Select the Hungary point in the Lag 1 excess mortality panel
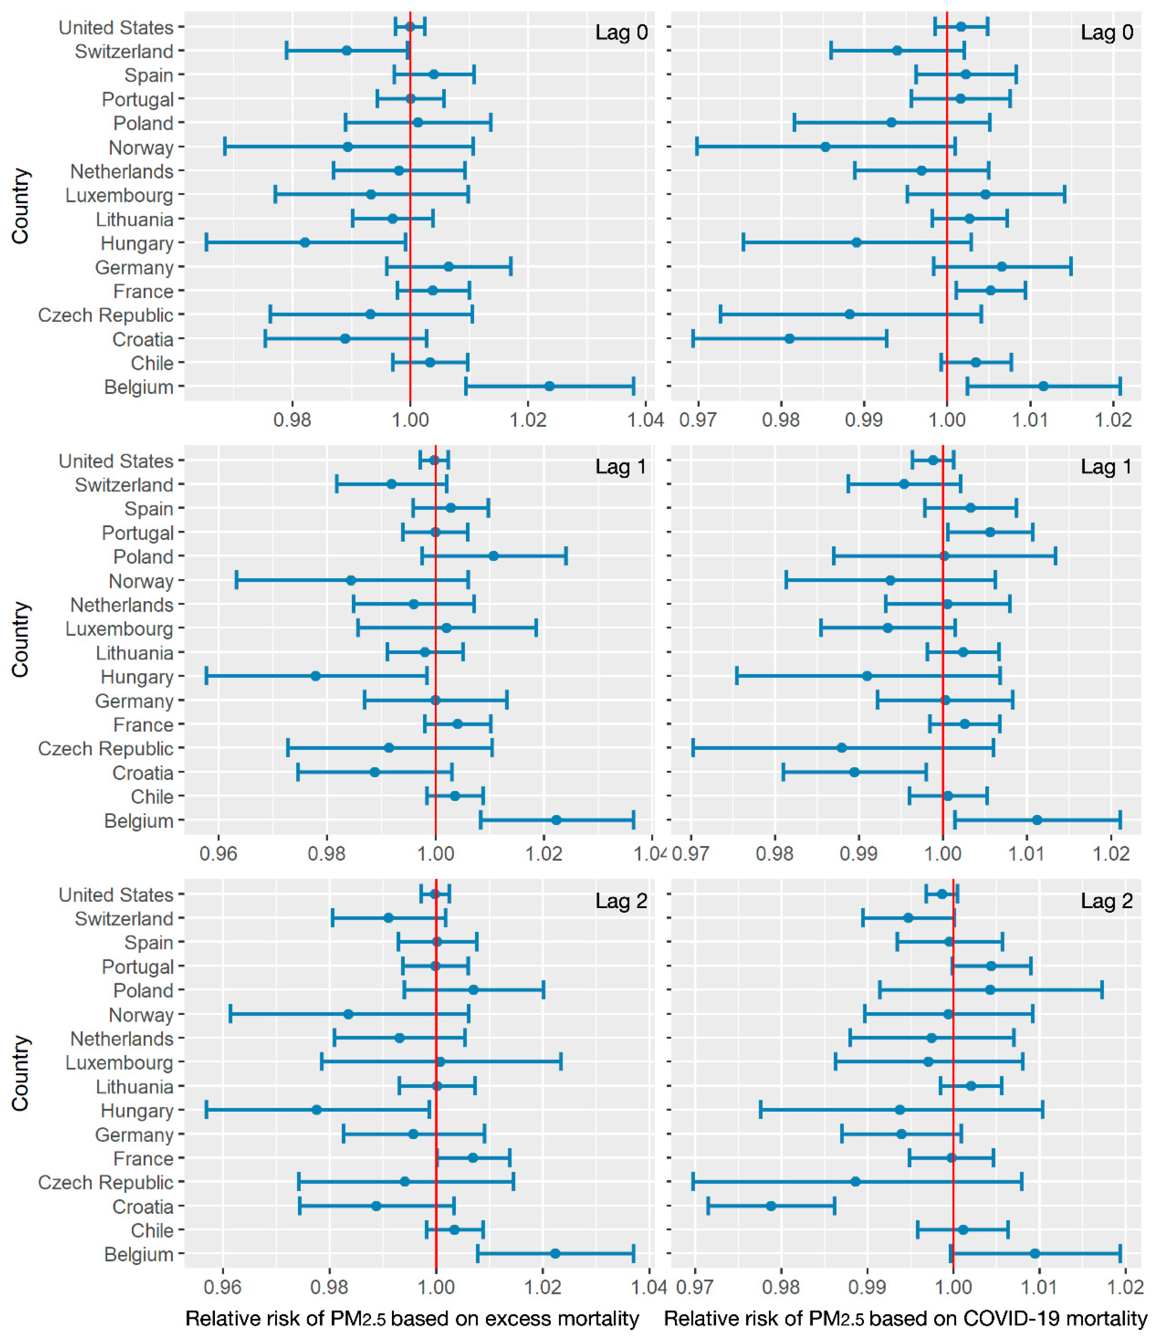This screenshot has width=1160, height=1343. pyautogui.click(x=316, y=676)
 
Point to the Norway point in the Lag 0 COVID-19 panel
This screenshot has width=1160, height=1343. pyautogui.click(x=825, y=146)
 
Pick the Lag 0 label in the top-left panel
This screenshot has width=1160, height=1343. pyautogui.click(x=621, y=32)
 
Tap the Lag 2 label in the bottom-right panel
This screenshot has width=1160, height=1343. pyautogui.click(x=1106, y=901)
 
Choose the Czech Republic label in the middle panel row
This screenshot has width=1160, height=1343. pyautogui.click(x=106, y=749)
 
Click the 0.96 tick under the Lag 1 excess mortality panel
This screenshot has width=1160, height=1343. pyautogui.click(x=218, y=853)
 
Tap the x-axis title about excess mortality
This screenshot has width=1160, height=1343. pyautogui.click(x=412, y=1318)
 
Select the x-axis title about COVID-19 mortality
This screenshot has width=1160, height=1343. pyautogui.click(x=905, y=1318)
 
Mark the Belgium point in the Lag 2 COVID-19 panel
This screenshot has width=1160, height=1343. pyautogui.click(x=1035, y=1254)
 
